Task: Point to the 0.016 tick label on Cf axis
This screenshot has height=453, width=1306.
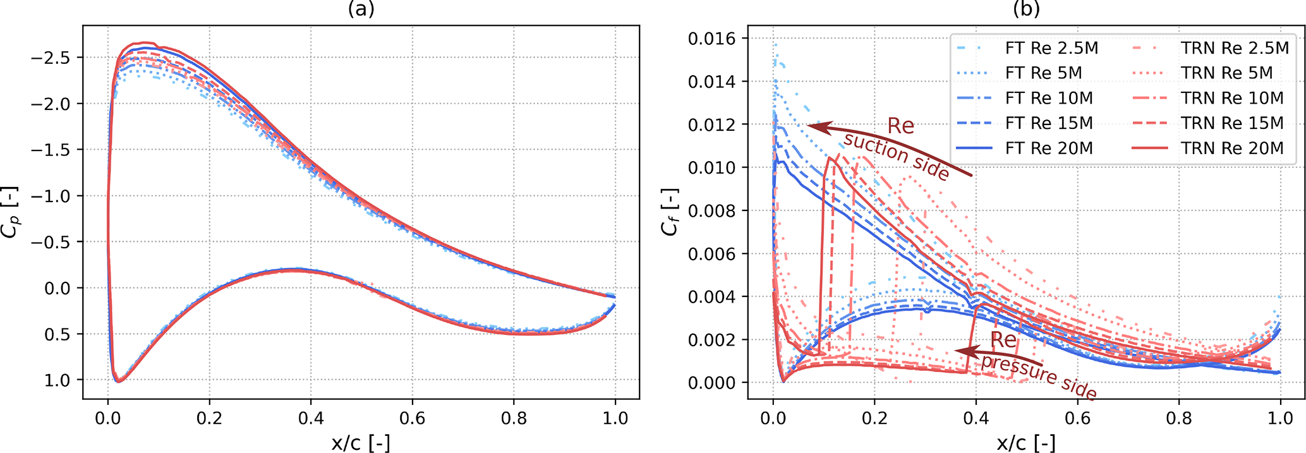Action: tap(712, 39)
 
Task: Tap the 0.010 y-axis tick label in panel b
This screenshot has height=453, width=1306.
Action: tap(712, 167)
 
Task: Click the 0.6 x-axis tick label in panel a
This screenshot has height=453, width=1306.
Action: tap(413, 418)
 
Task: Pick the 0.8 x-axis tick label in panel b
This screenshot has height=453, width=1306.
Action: tap(1179, 418)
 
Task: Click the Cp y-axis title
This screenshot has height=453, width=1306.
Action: tap(11, 212)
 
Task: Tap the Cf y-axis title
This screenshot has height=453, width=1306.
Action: tap(670, 212)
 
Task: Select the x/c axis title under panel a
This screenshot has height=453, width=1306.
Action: tap(361, 443)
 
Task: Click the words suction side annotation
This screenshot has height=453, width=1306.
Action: tap(897, 156)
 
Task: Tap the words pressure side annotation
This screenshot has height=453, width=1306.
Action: tap(1038, 377)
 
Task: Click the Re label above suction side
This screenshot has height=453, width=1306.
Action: tap(900, 126)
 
